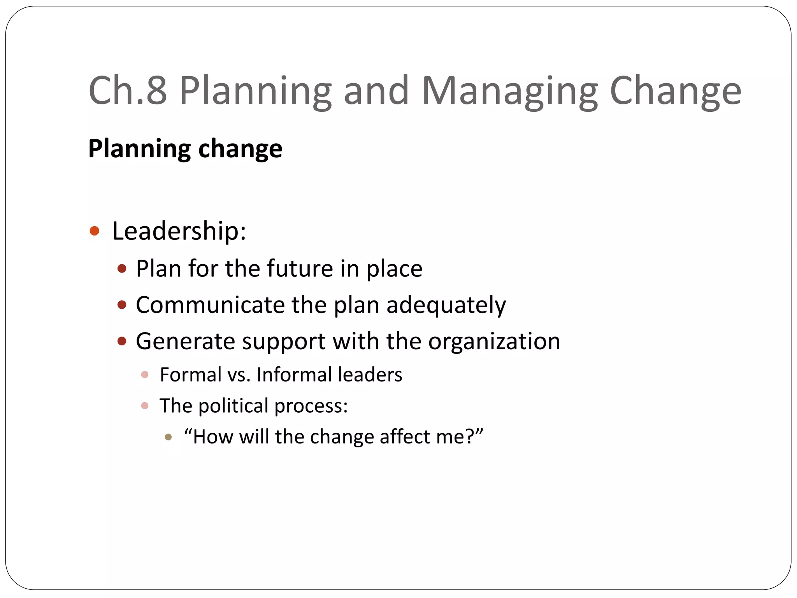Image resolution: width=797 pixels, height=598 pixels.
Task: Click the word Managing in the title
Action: [509, 91]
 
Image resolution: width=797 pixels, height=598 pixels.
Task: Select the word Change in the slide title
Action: [675, 91]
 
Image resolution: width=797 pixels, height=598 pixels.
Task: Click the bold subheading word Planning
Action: [139, 149]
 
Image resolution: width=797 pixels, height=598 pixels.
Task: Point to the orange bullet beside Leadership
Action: [95, 231]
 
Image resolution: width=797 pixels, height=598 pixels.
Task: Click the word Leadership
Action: [179, 231]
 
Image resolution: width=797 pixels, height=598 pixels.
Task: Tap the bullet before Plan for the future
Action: [122, 269]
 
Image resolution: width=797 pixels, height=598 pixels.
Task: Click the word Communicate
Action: [210, 305]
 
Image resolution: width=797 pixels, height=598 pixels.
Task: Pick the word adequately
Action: [446, 305]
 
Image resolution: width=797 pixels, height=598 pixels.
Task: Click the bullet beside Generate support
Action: [122, 341]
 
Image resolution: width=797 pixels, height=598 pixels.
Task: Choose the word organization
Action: [494, 341]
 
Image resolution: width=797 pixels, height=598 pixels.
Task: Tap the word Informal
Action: [293, 375]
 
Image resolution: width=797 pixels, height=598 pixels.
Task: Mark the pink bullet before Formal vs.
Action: [145, 375]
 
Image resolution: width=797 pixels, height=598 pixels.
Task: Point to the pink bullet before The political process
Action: [145, 406]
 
